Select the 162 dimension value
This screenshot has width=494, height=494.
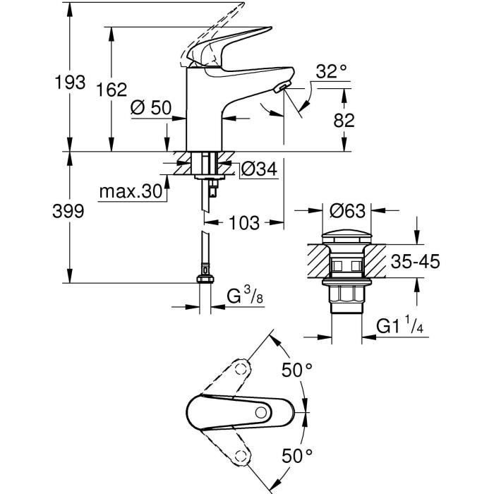pyautogui.click(x=112, y=90)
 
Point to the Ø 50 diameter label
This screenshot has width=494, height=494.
pyautogui.click(x=151, y=108)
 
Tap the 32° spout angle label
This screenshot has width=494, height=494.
pyautogui.click(x=332, y=71)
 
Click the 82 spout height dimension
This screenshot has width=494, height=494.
pyautogui.click(x=344, y=120)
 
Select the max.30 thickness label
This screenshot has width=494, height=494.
pyautogui.click(x=130, y=193)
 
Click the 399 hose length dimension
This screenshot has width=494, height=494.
pyautogui.click(x=69, y=211)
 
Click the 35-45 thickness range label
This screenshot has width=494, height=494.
pyautogui.click(x=416, y=262)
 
